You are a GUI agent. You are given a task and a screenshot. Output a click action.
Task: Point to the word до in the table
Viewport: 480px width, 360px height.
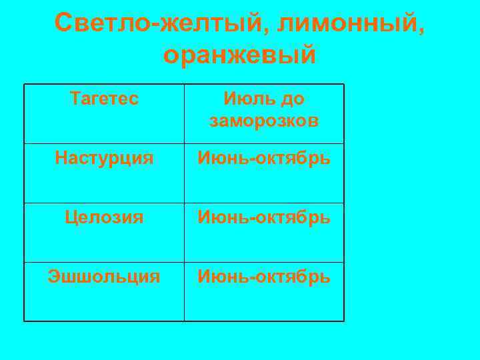[x=292, y=99]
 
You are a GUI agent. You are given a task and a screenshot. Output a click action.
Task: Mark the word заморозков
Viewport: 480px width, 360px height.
[x=264, y=121]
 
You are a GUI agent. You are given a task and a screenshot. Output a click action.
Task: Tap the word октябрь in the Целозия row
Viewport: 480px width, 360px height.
[x=294, y=217]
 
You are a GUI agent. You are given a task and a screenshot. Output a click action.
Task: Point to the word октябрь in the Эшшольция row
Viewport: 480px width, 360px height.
[x=294, y=276]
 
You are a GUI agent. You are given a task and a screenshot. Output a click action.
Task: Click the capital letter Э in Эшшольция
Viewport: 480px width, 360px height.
[x=53, y=276]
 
